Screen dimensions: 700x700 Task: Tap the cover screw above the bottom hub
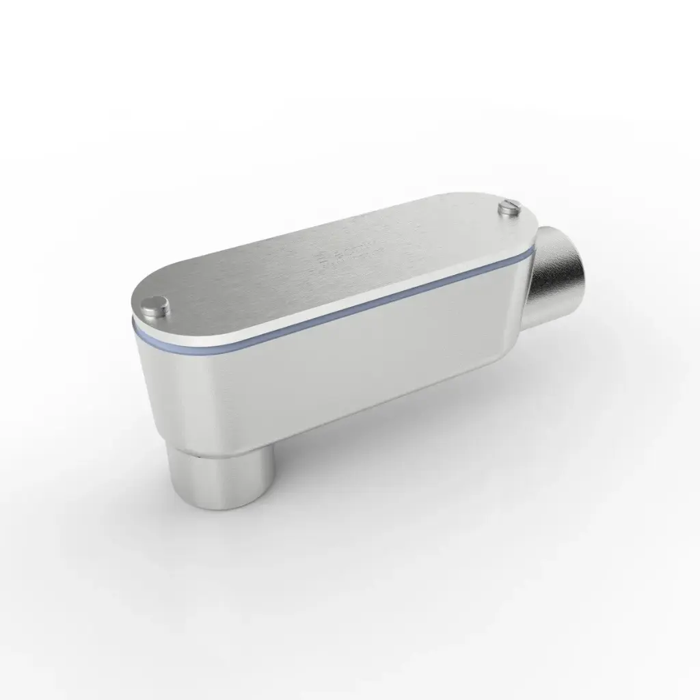coord(157,307)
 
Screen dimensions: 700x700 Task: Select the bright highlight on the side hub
coord(581,273)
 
